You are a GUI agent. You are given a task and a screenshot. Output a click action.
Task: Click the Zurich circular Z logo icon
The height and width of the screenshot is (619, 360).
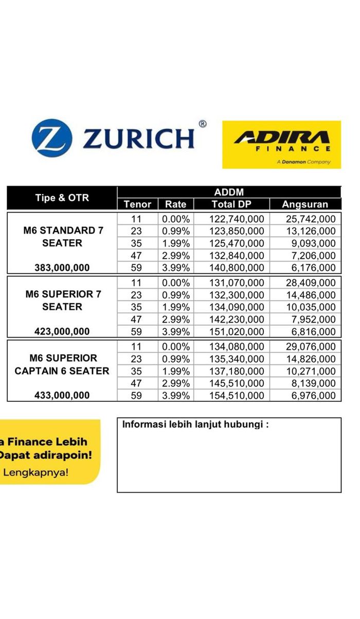point(52,138)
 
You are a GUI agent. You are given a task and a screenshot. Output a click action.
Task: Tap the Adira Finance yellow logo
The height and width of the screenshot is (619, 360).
point(281,144)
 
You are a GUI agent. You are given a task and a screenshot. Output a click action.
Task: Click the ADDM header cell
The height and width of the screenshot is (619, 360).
point(229,192)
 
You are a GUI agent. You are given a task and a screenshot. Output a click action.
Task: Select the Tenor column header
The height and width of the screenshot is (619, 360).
point(137,204)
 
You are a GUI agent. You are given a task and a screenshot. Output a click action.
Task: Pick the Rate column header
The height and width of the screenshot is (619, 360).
point(175,204)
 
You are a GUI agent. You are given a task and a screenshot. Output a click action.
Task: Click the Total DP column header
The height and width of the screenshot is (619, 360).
point(231,204)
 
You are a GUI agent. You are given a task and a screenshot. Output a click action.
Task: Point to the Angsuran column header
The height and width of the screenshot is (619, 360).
point(304,204)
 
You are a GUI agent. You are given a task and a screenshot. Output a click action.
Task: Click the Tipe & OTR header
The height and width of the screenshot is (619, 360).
point(62,198)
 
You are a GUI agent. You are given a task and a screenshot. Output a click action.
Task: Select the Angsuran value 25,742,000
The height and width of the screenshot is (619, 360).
point(310,219)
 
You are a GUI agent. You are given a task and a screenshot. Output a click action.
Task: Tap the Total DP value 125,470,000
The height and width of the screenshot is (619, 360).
point(237,243)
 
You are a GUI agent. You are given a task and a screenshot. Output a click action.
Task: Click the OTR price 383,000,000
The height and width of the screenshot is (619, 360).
point(62,268)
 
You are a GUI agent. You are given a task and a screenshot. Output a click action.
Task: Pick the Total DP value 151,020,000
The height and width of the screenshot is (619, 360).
point(237,332)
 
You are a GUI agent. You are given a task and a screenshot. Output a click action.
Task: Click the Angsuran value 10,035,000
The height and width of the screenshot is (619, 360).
point(310,307)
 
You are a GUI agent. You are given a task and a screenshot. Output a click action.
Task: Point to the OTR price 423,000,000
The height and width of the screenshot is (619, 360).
point(62,332)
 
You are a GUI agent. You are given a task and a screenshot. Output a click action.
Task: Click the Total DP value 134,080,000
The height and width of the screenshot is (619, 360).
point(237,347)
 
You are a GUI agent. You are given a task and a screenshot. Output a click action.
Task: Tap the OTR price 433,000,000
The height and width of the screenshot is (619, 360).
point(62,396)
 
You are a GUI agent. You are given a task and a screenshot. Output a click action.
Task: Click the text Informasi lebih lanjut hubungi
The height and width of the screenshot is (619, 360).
point(195,425)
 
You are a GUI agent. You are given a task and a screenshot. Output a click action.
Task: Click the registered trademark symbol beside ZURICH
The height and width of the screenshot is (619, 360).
point(203,124)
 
